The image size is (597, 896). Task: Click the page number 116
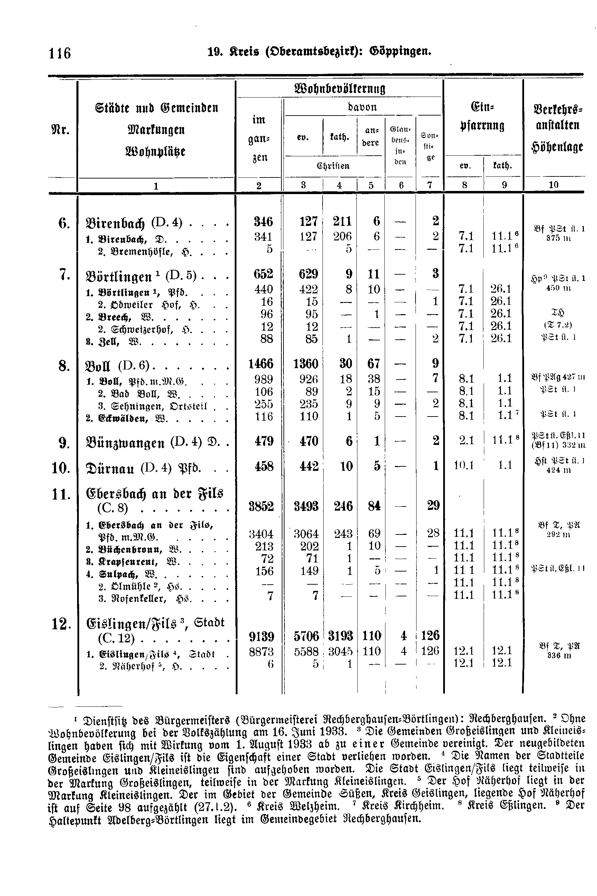60,53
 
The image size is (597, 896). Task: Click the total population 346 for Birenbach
263,221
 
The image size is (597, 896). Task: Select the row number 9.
63,442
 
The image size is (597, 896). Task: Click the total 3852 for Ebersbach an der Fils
261,506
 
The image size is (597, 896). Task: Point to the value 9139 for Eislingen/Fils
261,636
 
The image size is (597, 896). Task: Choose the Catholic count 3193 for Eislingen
341,636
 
